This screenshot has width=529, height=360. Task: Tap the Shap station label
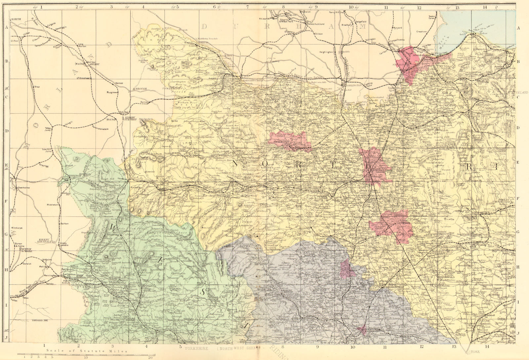(x=37, y=87)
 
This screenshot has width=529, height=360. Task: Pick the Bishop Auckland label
(x=315, y=24)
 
